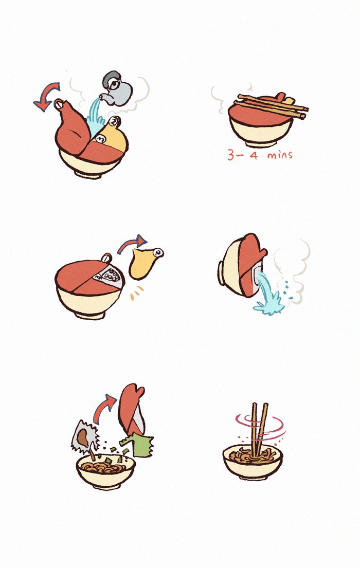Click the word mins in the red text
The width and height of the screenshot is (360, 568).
[x=280, y=155]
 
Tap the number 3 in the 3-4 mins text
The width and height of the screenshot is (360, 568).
[x=231, y=155]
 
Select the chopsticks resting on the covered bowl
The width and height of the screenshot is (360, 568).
[x=271, y=105]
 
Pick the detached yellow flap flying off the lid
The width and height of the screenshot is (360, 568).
[x=145, y=262]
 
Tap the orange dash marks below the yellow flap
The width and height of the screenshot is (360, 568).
[x=136, y=293]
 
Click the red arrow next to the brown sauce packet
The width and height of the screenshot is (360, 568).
[x=103, y=408]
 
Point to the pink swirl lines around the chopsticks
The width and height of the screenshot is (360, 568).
[x=260, y=428]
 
